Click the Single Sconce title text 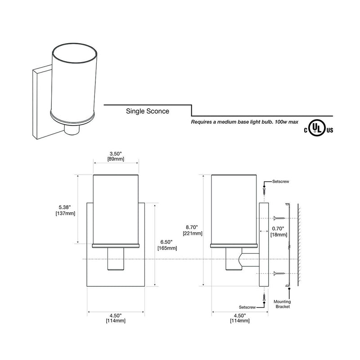[x=148, y=111]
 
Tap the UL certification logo [x=319, y=128]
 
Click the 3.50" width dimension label [x=116, y=156]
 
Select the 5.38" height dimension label [x=65, y=210]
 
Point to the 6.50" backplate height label [x=167, y=245]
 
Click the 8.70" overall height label [x=193, y=230]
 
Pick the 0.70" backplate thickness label [x=279, y=231]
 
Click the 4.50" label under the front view [x=116, y=318]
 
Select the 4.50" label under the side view [x=240, y=318]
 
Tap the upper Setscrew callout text [x=280, y=181]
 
